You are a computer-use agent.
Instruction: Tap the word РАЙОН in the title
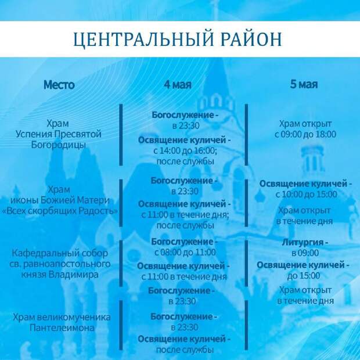point(251,39)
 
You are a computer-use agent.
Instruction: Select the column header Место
point(59,85)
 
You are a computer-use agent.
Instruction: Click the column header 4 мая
point(178,84)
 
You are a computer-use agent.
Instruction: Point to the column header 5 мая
point(304,84)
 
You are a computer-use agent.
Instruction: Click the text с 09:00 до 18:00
point(305,134)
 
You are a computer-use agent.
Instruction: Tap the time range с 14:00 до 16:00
point(184,150)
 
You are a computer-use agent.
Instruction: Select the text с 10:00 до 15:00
point(306,195)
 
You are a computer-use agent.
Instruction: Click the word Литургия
point(303,242)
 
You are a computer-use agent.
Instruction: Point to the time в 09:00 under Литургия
point(305,253)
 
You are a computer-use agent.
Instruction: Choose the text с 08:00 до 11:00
point(185,253)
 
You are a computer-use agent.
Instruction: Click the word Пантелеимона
point(62,327)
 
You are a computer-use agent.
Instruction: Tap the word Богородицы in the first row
point(59,145)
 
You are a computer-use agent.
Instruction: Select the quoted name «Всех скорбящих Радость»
point(59,211)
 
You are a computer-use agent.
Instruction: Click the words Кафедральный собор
point(60,253)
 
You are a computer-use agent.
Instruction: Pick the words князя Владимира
point(60,275)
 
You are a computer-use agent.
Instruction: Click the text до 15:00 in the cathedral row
point(304,275)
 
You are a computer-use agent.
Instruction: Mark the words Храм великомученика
point(62,317)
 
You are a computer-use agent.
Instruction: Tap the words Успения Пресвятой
point(59,134)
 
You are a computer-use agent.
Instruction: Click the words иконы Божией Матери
point(60,200)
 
